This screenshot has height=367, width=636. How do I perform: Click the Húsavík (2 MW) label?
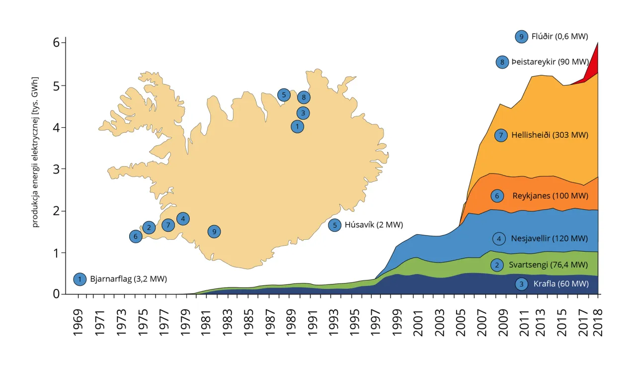pyautogui.click(x=373, y=225)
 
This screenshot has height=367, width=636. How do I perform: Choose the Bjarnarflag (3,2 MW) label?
pyautogui.click(x=128, y=279)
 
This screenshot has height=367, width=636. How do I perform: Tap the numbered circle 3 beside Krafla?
pyautogui.click(x=521, y=284)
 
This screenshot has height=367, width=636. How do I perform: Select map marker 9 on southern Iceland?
pyautogui.click(x=214, y=232)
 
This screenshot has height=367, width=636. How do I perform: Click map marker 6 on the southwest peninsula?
pyautogui.click(x=136, y=237)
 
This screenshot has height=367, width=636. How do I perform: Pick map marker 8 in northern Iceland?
pyautogui.click(x=304, y=97)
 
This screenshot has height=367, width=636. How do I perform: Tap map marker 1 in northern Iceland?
pyautogui.click(x=297, y=127)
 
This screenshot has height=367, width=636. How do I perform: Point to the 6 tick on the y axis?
pyautogui.click(x=56, y=43)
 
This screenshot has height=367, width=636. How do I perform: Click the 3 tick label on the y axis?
pyautogui.click(x=56, y=169)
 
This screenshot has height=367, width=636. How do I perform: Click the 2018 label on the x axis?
pyautogui.click(x=598, y=323)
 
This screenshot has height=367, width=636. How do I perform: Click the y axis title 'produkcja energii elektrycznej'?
pyautogui.click(x=36, y=152)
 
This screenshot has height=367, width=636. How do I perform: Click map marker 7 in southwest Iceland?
pyautogui.click(x=168, y=225)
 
